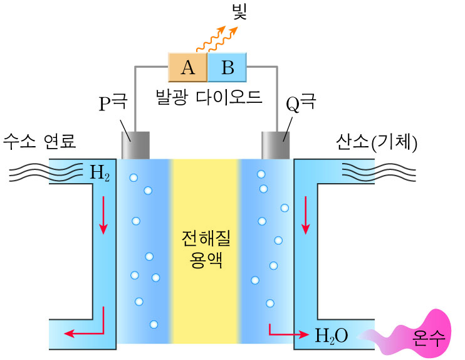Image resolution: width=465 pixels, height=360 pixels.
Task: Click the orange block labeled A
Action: tap(187, 66)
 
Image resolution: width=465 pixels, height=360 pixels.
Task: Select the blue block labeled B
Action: tap(226, 66)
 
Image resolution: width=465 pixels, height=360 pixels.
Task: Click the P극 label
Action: tap(113, 103)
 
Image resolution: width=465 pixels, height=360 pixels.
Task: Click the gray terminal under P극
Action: tap(135, 146)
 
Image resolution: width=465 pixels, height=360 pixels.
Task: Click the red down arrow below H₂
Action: tap(103, 216)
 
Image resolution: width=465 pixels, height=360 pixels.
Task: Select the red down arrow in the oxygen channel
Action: tap(306, 214)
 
